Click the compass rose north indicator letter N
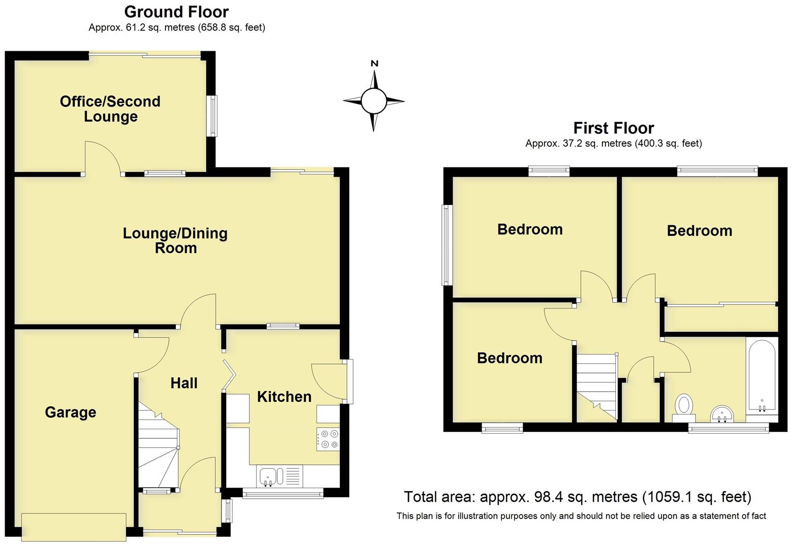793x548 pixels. [x=374, y=63]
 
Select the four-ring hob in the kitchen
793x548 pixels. [x=329, y=439]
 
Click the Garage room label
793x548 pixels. [x=70, y=412]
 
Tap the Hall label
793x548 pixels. [x=184, y=383]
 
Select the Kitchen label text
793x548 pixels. [x=284, y=396]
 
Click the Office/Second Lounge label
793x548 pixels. [x=110, y=109]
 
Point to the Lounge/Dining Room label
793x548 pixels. [x=175, y=241]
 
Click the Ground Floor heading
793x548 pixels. [x=176, y=12]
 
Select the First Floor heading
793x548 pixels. [x=613, y=128]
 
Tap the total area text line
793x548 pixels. [x=577, y=497]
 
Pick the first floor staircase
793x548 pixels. [x=597, y=386]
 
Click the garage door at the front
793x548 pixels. [x=74, y=527]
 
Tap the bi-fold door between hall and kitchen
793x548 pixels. [x=229, y=375]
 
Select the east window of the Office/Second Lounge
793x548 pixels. [x=211, y=116]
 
